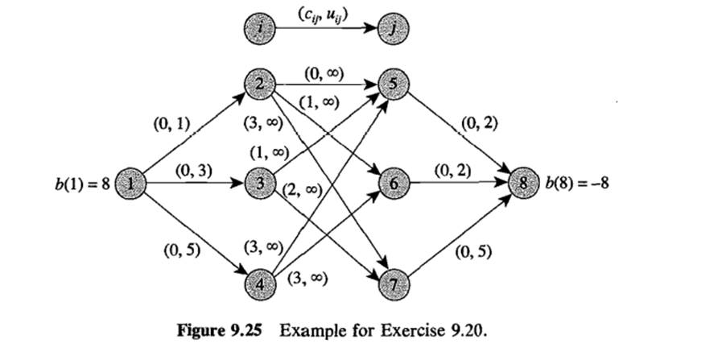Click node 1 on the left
132,184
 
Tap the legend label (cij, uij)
324,14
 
